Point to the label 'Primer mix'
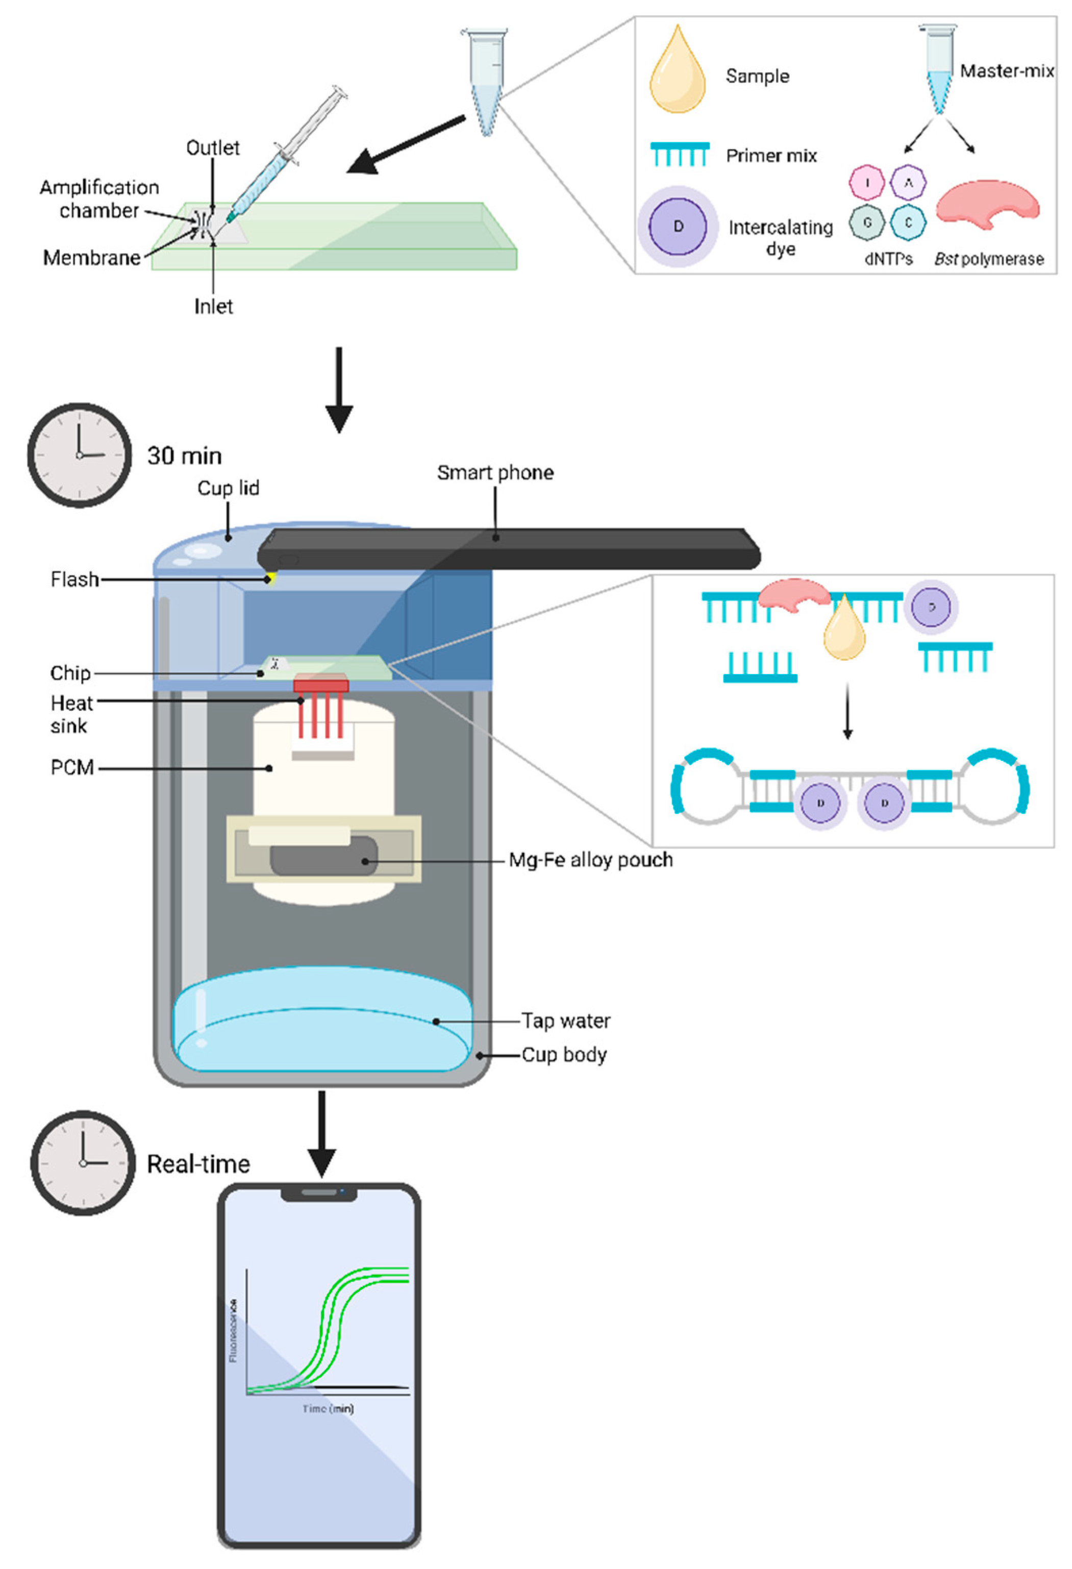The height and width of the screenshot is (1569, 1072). (771, 156)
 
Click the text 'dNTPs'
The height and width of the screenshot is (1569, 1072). (888, 259)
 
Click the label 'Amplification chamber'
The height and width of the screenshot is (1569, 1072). (99, 198)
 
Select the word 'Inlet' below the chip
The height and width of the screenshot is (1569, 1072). (213, 307)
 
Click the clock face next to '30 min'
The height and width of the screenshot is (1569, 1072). (80, 455)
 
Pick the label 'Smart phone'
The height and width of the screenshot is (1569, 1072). (495, 472)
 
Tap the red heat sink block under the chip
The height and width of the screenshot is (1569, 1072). (320, 685)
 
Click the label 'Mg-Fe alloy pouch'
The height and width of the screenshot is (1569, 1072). (591, 860)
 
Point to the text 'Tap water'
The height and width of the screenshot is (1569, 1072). (566, 1021)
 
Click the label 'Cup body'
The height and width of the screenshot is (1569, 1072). (564, 1055)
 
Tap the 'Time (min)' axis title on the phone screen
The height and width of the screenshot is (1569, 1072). (328, 1409)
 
